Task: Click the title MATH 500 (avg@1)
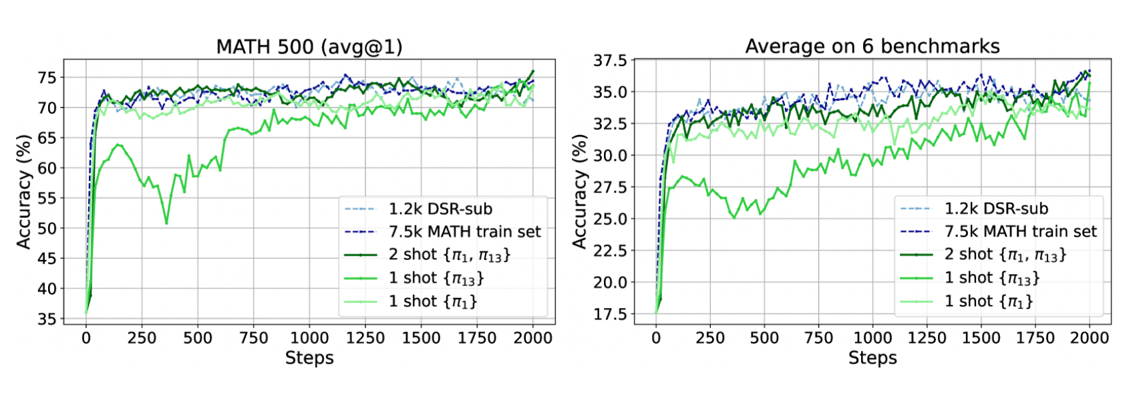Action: tap(309, 46)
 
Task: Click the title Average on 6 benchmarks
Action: tap(872, 46)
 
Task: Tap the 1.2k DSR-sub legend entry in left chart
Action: tap(440, 209)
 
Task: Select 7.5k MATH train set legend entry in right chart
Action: tap(1020, 232)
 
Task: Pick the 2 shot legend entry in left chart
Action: tap(449, 255)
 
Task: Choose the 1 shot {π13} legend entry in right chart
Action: tap(992, 278)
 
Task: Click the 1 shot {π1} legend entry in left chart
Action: tap(433, 301)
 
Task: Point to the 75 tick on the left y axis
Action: tap(47, 78)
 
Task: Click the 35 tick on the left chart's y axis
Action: tap(47, 319)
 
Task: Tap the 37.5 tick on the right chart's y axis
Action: tap(610, 61)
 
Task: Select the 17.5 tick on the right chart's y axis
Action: tap(610, 314)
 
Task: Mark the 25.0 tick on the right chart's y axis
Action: tap(610, 219)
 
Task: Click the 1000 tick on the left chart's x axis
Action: tap(309, 338)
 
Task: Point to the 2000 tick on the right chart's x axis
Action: tap(1089, 338)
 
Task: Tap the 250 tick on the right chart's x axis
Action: tap(710, 338)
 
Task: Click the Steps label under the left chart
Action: tap(309, 358)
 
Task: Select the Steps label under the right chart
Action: tap(872, 358)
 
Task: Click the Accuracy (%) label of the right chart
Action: tap(580, 191)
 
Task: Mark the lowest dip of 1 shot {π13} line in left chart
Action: tap(166, 223)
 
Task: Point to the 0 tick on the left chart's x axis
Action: tap(86, 338)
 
